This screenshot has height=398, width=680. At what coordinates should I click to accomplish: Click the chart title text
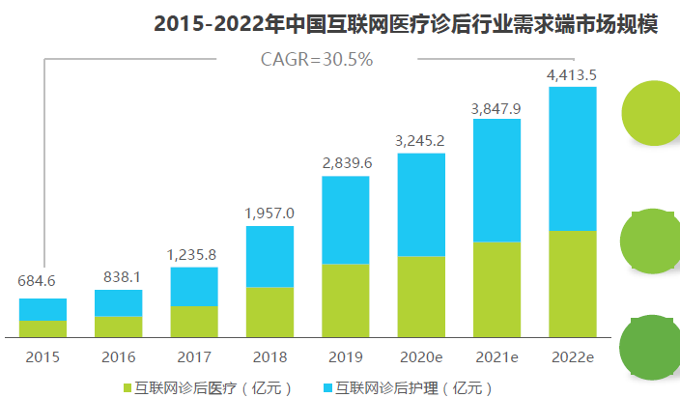pyautogui.click(x=406, y=24)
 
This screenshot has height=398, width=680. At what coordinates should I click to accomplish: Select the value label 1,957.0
pyautogui.click(x=269, y=213)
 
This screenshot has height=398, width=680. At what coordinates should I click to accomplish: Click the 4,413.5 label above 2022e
pyautogui.click(x=572, y=74)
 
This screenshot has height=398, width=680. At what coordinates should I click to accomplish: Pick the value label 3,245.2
pyautogui.click(x=420, y=141)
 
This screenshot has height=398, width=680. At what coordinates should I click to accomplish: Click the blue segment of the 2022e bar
pyautogui.click(x=572, y=159)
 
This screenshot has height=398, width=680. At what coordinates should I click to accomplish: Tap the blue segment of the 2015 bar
pyautogui.click(x=42, y=309)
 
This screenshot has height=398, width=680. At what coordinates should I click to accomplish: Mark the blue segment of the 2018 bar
pyautogui.click(x=269, y=256)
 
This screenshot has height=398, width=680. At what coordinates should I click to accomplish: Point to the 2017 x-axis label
pyautogui.click(x=193, y=357)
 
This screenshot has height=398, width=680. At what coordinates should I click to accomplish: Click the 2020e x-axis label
pyautogui.click(x=421, y=357)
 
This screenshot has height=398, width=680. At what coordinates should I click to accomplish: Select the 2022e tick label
pyautogui.click(x=572, y=357)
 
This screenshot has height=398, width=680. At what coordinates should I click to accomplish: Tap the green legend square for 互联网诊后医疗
pyautogui.click(x=127, y=388)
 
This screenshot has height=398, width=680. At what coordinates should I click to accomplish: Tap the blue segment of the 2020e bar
pyautogui.click(x=421, y=204)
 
